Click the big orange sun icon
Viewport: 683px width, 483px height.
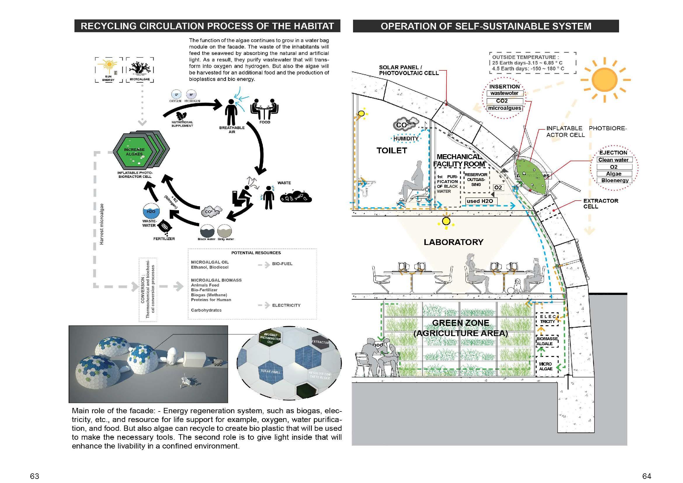pos(605,80)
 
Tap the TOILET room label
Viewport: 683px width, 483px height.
pos(392,150)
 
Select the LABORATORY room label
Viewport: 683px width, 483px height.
pos(453,242)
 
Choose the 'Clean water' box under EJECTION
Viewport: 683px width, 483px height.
pos(614,160)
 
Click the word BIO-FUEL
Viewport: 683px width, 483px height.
pos(282,264)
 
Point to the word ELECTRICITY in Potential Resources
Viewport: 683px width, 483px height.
pos(286,305)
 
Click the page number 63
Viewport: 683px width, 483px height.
pos(34,476)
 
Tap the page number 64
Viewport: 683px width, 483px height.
pos(647,476)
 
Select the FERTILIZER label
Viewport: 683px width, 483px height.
pos(164,239)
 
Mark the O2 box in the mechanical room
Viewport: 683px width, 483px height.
pos(498,187)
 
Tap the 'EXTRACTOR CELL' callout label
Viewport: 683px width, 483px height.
pos(601,204)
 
